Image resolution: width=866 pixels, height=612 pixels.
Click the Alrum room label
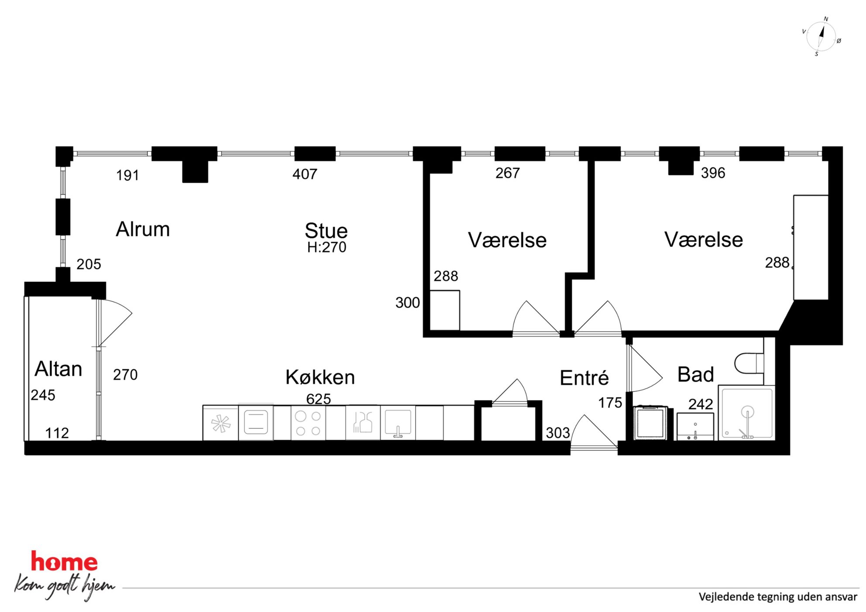click(x=143, y=229)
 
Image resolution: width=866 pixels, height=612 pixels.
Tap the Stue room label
click(x=326, y=230)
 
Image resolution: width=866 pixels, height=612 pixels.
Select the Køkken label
click(x=320, y=377)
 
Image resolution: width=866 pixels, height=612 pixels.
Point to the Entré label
click(x=584, y=377)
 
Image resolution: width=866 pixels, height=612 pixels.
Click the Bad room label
click(x=695, y=374)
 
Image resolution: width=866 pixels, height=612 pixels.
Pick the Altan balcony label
click(x=58, y=369)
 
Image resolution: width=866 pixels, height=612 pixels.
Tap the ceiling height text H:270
click(x=326, y=247)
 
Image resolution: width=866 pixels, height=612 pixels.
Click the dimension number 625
click(x=318, y=399)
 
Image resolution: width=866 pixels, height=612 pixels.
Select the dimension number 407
click(x=305, y=174)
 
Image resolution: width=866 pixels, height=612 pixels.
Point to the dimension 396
click(x=713, y=173)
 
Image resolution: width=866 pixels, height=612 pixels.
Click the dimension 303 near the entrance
click(x=557, y=433)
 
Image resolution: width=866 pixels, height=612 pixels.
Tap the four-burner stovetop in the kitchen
click(x=308, y=423)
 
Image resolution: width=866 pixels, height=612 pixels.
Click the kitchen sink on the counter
click(x=398, y=423)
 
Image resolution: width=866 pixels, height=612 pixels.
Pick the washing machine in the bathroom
click(x=650, y=422)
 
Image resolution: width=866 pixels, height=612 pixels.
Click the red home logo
click(x=64, y=561)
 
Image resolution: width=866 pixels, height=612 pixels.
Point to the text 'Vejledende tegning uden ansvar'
click(x=778, y=597)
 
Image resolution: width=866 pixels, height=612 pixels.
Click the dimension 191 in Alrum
click(x=127, y=175)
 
